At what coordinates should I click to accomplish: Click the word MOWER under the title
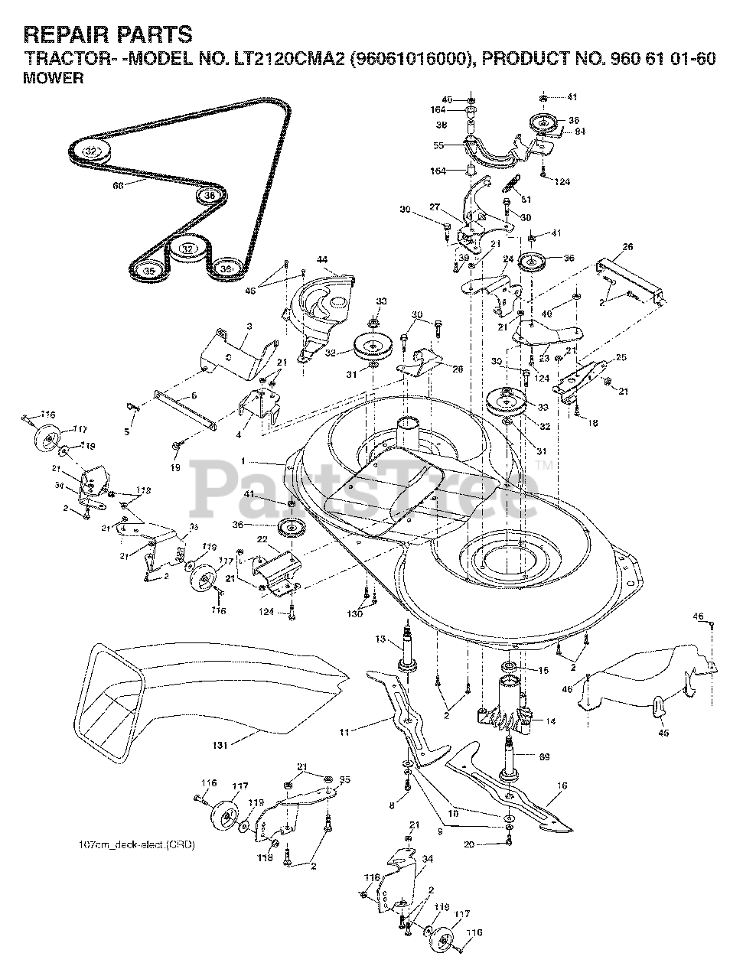[x=54, y=78]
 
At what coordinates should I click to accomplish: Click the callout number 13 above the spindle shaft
[x=380, y=639]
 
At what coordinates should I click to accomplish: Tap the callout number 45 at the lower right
[x=663, y=733]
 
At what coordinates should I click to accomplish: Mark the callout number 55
[x=438, y=145]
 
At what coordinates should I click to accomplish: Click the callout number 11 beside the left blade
[x=345, y=732]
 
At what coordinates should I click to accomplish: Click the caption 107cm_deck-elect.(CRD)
[x=137, y=846]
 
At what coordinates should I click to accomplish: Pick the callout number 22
[x=262, y=539]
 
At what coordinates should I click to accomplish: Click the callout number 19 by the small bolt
[x=174, y=466]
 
